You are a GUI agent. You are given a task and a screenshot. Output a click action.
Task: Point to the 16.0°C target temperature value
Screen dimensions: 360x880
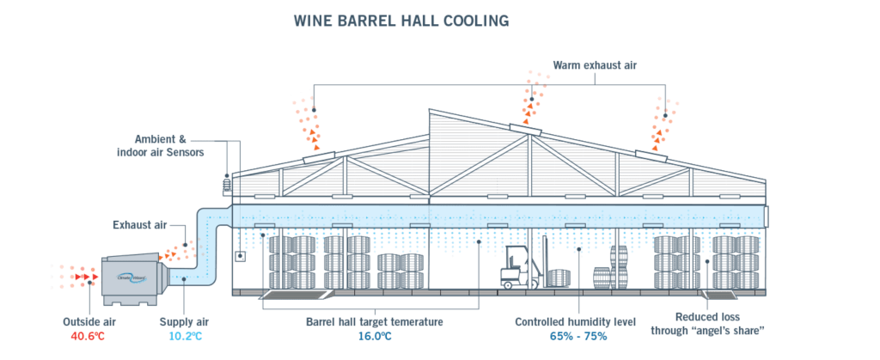coord(375,335)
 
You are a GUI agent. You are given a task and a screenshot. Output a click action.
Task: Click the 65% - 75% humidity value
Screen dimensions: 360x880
coord(575,335)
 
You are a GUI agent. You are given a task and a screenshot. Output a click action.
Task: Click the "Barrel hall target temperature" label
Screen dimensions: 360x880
coord(375,320)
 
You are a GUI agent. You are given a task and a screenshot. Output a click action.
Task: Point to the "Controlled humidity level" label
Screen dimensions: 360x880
coord(575,320)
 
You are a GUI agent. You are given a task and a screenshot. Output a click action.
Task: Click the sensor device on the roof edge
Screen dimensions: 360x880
coord(228,181)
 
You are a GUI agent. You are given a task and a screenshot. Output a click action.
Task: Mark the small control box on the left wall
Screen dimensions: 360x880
coord(241,256)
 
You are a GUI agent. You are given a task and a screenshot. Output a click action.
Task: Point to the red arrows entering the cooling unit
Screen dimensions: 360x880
coord(83,278)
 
